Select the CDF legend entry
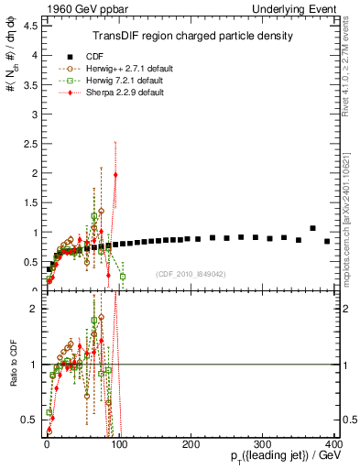coord(92,55)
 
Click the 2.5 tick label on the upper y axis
coord(32,144)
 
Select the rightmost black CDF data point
coord(327,241)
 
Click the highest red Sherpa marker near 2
coord(115,175)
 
